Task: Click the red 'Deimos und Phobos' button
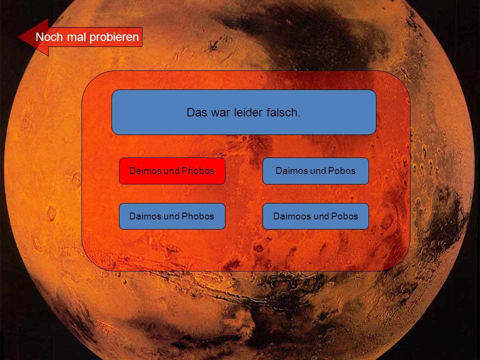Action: coord(172,171)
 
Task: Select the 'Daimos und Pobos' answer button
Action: coord(315,171)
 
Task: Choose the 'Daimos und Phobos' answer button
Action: coord(172,216)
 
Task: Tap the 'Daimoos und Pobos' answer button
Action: coord(315,216)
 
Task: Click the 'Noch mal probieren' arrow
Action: coord(80,37)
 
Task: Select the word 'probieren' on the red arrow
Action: coord(114,37)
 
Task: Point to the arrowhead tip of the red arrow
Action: coord(18,37)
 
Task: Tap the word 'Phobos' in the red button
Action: coord(198,171)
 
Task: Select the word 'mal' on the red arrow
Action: coord(76,37)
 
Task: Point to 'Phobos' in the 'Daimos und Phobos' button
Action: coord(198,216)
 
